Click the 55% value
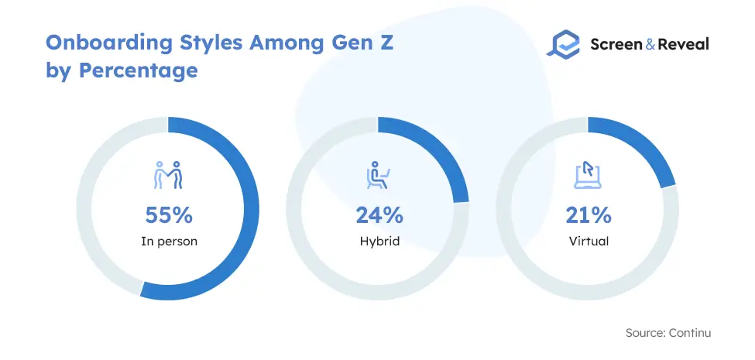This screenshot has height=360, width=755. point(169,216)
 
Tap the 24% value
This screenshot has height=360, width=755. point(379,216)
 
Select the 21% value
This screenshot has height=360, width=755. point(589,216)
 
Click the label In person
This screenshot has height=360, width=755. point(169,241)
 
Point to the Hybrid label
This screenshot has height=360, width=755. point(379,241)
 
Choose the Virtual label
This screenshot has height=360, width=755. point(589,241)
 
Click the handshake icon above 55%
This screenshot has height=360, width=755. point(168,175)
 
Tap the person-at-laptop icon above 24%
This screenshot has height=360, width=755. point(378,175)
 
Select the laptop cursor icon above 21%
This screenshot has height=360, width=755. point(588,175)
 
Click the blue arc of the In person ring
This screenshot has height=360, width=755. point(251,209)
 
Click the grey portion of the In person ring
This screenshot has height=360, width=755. point(84,209)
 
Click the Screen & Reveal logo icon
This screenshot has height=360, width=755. point(564,44)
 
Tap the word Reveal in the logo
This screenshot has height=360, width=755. point(683,44)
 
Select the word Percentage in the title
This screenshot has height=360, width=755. point(138,71)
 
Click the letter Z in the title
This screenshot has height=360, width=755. point(386,43)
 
